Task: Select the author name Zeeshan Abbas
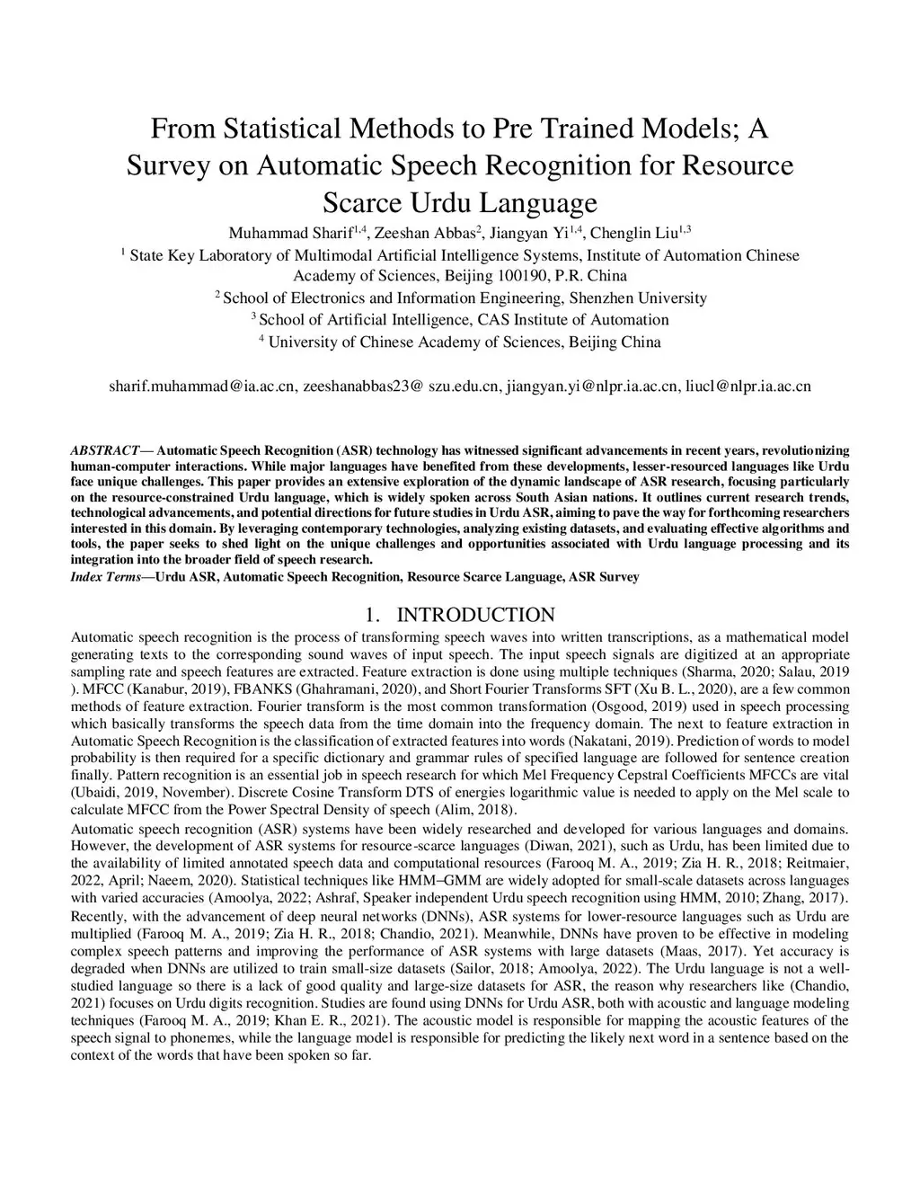(x=423, y=233)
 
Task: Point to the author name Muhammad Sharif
(x=289, y=233)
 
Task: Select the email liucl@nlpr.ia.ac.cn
(x=747, y=387)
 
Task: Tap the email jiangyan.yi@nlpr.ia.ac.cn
(x=591, y=387)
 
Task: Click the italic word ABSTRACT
(x=105, y=449)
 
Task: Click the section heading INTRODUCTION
(x=475, y=615)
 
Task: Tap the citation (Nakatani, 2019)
(x=621, y=742)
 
